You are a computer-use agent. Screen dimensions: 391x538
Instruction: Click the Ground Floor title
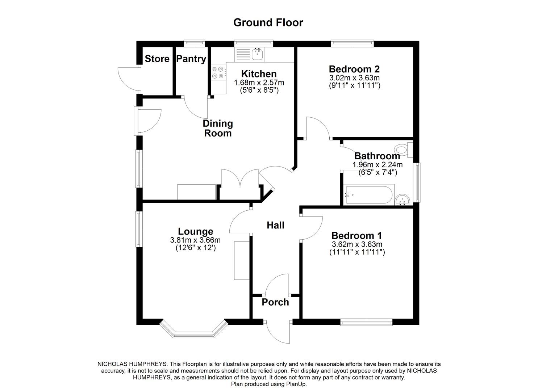pyautogui.click(x=268, y=22)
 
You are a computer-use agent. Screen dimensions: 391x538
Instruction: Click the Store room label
pyautogui.click(x=157, y=59)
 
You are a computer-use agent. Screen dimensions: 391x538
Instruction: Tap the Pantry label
pyautogui.click(x=191, y=59)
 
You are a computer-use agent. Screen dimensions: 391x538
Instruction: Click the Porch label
pyautogui.click(x=275, y=302)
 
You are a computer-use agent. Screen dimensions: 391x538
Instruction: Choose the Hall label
pyautogui.click(x=275, y=226)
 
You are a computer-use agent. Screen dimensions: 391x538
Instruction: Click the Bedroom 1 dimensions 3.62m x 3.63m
pyautogui.click(x=357, y=244)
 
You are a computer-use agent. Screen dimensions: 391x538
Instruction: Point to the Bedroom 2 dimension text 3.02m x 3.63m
pyautogui.click(x=354, y=78)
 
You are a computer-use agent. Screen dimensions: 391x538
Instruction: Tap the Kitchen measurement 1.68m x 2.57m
pyautogui.click(x=259, y=83)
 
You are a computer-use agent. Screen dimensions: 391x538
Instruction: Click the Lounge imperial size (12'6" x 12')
pyautogui.click(x=195, y=248)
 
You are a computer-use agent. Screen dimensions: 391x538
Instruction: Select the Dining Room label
pyautogui.click(x=218, y=128)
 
